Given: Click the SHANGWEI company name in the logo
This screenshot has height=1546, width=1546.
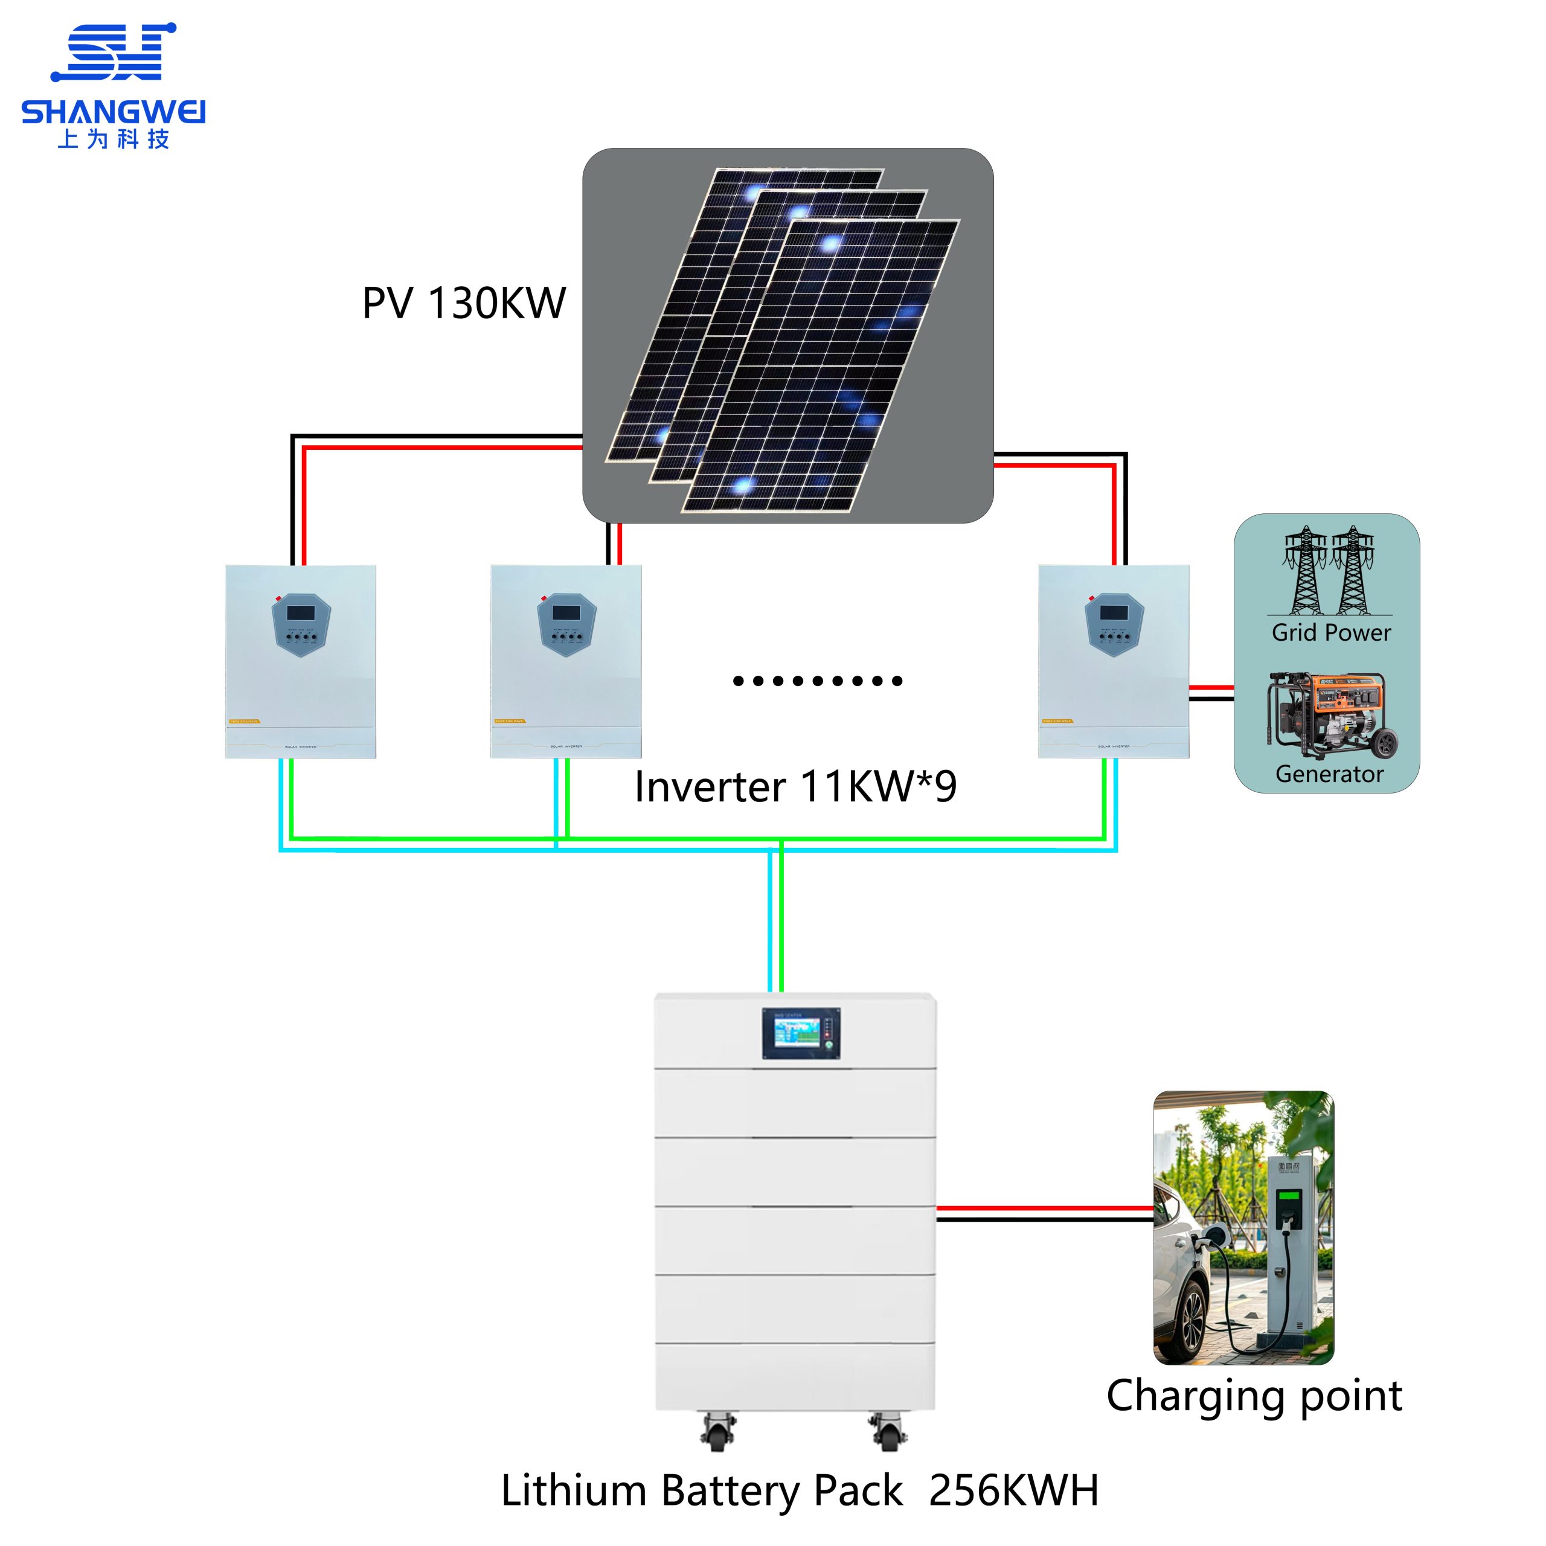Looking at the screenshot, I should pyautogui.click(x=113, y=112).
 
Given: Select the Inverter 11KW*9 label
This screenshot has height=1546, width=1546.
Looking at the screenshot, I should pyautogui.click(x=795, y=787).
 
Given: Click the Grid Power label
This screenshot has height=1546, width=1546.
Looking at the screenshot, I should pyautogui.click(x=1331, y=633).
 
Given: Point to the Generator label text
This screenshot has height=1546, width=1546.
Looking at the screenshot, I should pyautogui.click(x=1329, y=774).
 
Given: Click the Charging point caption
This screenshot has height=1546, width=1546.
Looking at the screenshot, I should pyautogui.click(x=1254, y=1396).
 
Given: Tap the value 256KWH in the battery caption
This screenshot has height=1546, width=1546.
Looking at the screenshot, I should pyautogui.click(x=1014, y=1490).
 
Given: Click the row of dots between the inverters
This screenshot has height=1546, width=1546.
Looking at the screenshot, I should pyautogui.click(x=818, y=681).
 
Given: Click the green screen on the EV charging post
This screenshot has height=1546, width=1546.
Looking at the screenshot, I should pyautogui.click(x=1289, y=1198).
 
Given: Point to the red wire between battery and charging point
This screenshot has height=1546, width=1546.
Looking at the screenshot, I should pyautogui.click(x=1044, y=1208).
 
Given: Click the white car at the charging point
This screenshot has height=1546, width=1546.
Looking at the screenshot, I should pyautogui.click(x=1184, y=1280).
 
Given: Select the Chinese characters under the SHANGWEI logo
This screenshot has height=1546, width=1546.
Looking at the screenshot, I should pyautogui.click(x=113, y=140).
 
